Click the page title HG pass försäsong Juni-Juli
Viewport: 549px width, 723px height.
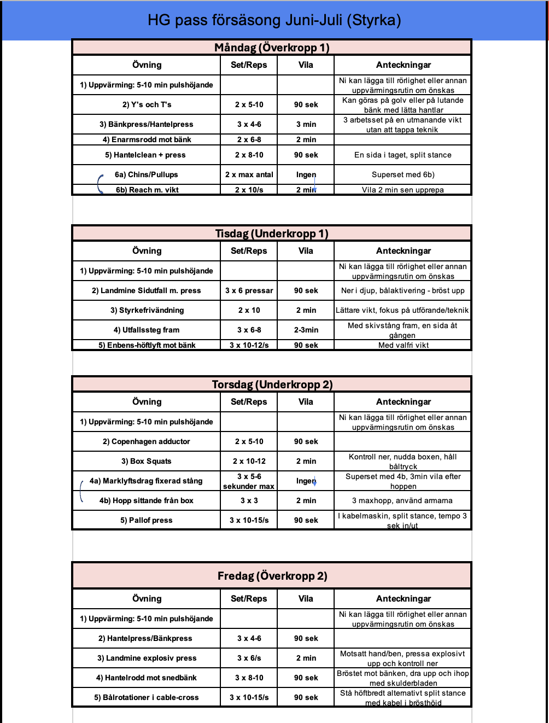(x=274, y=20)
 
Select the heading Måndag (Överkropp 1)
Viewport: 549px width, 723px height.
(x=272, y=48)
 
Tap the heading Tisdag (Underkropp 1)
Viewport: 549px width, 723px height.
(x=272, y=234)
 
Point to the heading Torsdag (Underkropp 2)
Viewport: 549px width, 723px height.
(x=272, y=384)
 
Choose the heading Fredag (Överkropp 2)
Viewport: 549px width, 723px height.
(x=272, y=576)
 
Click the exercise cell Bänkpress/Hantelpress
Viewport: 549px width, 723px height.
(x=147, y=124)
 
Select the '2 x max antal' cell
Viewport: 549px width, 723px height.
(x=249, y=174)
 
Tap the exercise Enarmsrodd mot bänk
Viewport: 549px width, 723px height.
(x=147, y=139)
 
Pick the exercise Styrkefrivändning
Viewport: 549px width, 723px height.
(x=147, y=310)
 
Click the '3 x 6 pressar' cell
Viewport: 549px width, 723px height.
(x=249, y=290)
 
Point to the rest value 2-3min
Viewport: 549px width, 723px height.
(x=306, y=330)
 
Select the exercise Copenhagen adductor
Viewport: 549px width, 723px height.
(x=147, y=441)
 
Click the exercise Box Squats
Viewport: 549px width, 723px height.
(x=147, y=461)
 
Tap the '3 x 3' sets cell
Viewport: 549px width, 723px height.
(x=249, y=500)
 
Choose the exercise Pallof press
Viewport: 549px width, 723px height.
(x=147, y=520)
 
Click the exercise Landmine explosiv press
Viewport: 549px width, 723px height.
(x=147, y=658)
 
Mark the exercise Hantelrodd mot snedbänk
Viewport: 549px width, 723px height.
(x=147, y=678)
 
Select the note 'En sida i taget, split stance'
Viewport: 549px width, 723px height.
(x=403, y=155)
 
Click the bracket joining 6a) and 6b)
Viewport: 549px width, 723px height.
(x=100, y=183)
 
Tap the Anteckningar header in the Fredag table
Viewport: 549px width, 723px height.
(x=403, y=598)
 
